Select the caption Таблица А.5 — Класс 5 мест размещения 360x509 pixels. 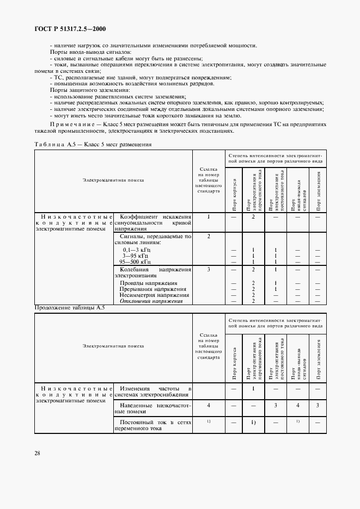tap(93, 145)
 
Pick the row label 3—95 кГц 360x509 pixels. tap(136, 255)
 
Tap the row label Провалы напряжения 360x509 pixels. tap(148, 283)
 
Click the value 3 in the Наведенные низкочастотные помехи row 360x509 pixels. tap(276, 405)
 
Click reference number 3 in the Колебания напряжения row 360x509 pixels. tap(208, 269)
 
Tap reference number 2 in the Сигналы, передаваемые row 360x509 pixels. tap(208, 236)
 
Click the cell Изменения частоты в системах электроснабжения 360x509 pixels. tap(152, 392)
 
